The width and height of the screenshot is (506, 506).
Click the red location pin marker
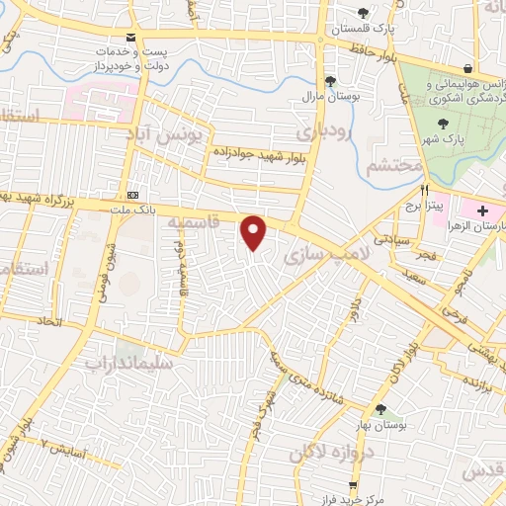click(255, 233)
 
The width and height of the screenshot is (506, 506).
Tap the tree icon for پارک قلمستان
click(365, 13)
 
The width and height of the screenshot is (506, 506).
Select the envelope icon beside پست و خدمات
click(131, 37)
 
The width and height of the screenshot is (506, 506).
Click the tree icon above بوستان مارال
click(330, 81)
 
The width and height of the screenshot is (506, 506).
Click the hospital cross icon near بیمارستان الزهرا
click(482, 211)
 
